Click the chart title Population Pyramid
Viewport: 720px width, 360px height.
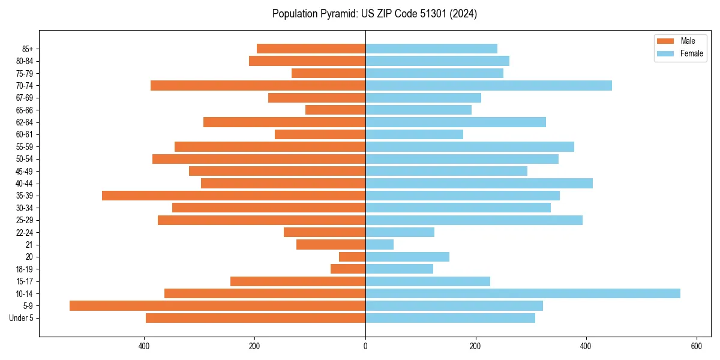tap(374, 14)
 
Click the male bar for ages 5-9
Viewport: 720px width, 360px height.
tap(217, 305)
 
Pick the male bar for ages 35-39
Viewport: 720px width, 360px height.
tap(233, 196)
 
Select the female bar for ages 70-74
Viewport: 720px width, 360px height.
tap(488, 85)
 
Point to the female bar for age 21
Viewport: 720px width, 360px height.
tap(379, 244)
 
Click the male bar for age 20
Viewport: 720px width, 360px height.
tap(352, 257)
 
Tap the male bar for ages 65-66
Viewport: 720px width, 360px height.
tap(335, 110)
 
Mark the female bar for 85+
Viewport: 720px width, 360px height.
tap(431, 49)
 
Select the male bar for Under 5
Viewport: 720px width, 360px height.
tap(256, 318)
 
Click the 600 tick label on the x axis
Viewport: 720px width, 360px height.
tap(697, 346)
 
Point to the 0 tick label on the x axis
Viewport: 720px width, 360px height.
tap(365, 346)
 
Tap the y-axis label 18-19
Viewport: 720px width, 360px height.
tap(25, 269)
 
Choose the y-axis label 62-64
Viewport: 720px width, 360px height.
tap(25, 122)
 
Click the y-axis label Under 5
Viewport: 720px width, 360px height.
tap(22, 318)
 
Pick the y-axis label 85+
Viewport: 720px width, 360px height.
tap(27, 49)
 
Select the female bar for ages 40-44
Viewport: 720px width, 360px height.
tap(479, 183)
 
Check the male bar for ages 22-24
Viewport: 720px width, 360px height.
tap(325, 232)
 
